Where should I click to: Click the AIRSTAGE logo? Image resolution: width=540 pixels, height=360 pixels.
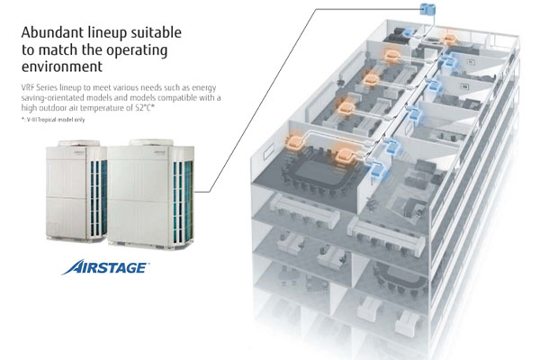(105, 267)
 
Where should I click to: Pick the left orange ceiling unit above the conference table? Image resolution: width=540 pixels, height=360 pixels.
(296, 142)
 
